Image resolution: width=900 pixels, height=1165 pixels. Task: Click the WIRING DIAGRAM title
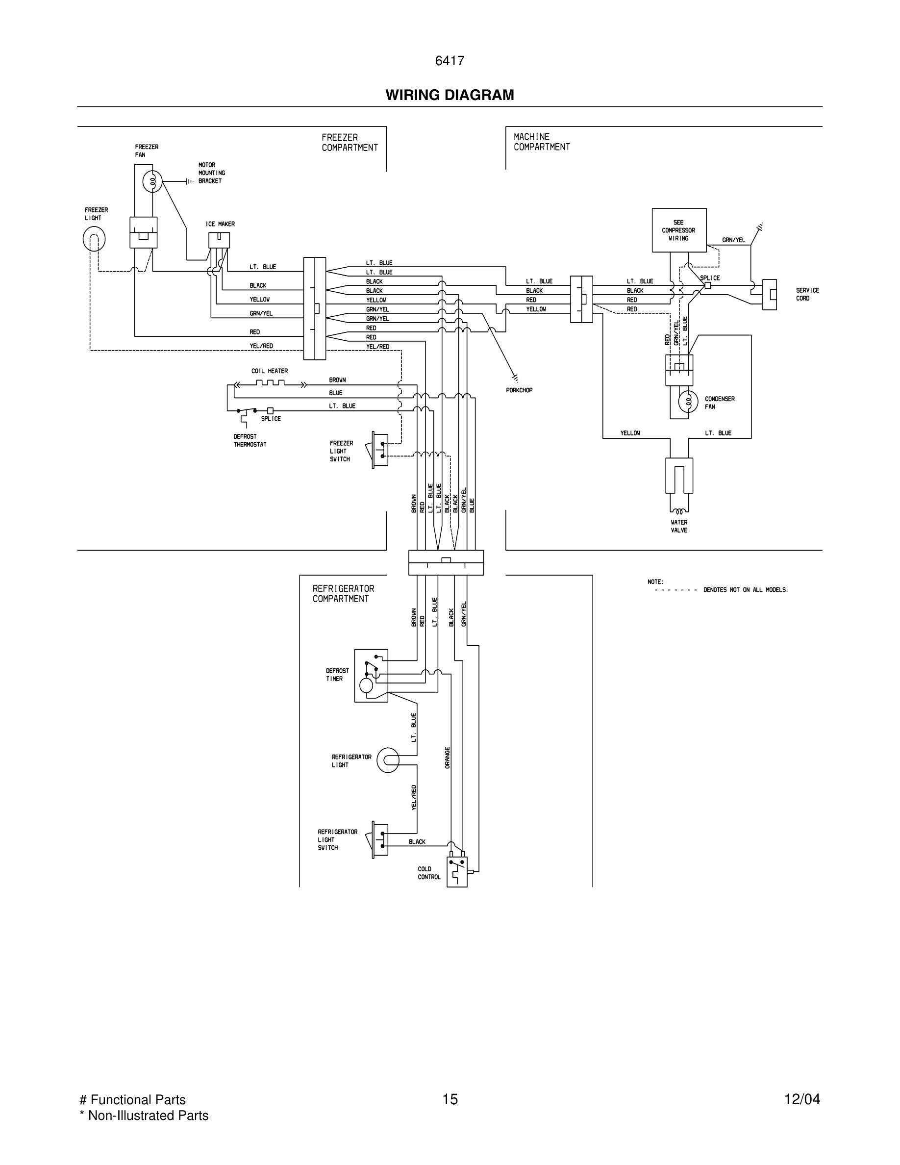(450, 95)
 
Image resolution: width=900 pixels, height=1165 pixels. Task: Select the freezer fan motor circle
(152, 182)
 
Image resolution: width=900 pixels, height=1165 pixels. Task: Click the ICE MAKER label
(220, 224)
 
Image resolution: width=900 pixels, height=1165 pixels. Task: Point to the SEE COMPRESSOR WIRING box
(679, 230)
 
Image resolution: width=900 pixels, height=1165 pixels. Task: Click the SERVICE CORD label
(807, 295)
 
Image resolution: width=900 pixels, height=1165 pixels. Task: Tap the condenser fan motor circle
(688, 402)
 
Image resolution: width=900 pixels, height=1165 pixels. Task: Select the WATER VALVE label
(679, 526)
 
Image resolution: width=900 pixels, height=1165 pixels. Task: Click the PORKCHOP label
(519, 390)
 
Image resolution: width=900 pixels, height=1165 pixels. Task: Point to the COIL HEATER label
(269, 371)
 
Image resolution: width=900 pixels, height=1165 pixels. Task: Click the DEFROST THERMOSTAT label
(250, 440)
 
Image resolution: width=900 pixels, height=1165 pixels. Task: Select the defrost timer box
(371, 675)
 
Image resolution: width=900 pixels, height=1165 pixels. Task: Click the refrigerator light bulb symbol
(388, 760)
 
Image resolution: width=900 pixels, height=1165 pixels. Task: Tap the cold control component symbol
(456, 871)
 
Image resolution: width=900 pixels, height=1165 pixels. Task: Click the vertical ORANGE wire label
(448, 758)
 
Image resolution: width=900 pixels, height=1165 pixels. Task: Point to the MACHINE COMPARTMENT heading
(541, 142)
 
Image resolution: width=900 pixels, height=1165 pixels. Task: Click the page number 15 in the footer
(450, 1099)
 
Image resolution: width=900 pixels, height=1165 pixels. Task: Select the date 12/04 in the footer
(801, 1099)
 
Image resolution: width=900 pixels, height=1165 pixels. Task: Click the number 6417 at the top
(450, 61)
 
